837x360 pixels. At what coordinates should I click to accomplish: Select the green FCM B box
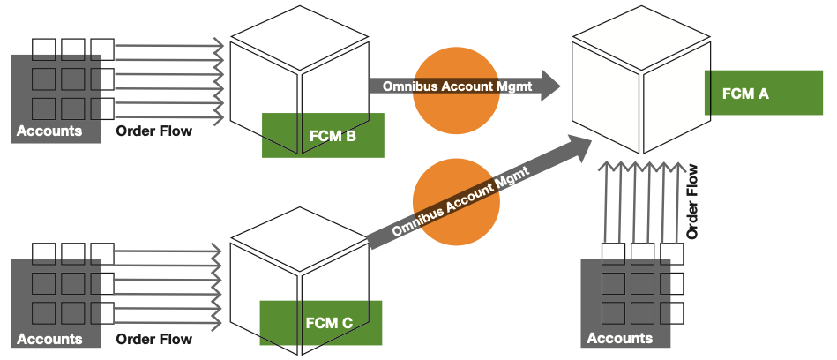tap(324, 136)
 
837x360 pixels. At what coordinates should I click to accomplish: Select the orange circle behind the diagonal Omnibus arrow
tap(455, 203)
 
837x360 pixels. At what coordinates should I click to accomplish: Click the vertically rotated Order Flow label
tap(692, 202)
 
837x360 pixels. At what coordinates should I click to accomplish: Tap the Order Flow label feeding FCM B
tap(153, 131)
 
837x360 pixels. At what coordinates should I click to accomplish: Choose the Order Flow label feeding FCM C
tap(153, 339)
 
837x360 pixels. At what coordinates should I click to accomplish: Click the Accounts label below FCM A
tap(619, 338)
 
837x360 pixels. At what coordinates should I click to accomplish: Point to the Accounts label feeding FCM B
tap(49, 131)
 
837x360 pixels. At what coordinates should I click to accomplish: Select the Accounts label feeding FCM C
tap(49, 339)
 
